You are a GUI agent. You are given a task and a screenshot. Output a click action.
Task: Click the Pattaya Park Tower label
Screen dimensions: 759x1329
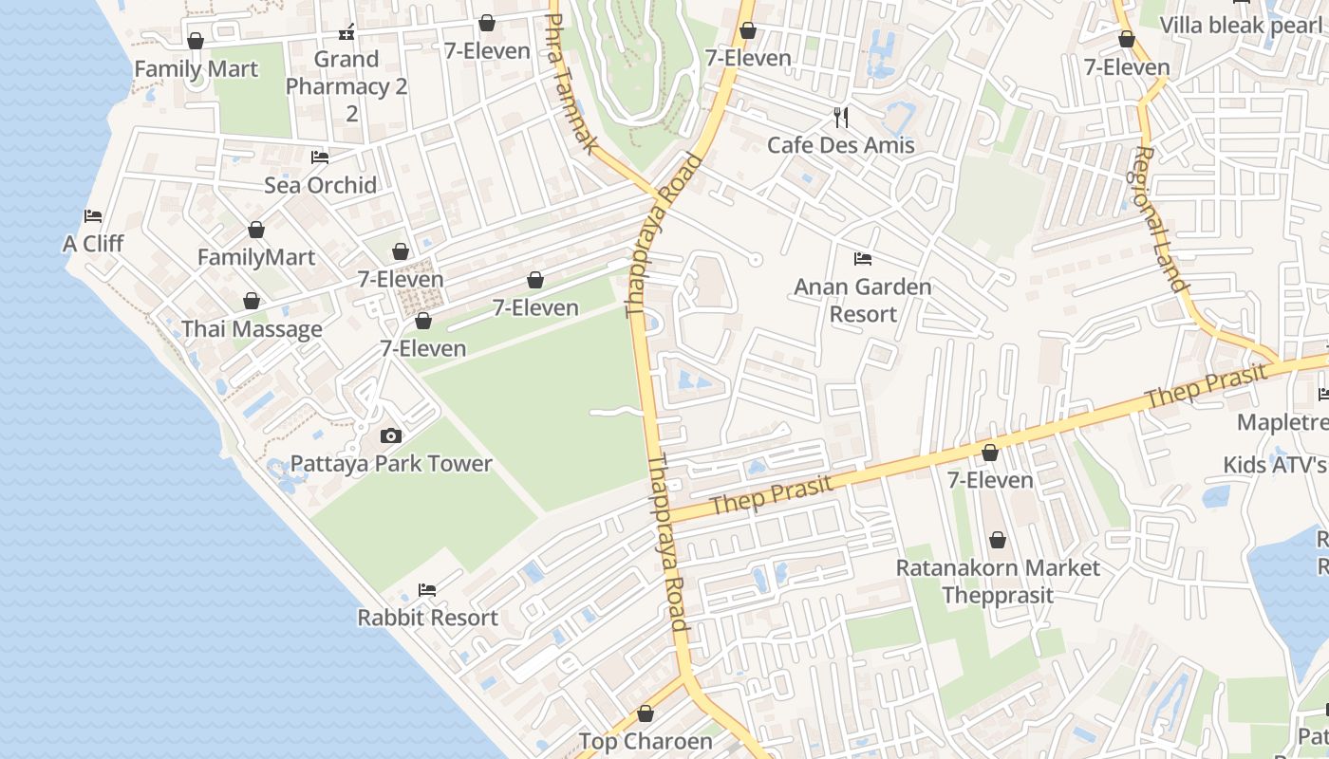tap(391, 464)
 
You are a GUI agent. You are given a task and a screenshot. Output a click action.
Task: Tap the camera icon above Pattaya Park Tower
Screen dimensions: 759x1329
tap(390, 436)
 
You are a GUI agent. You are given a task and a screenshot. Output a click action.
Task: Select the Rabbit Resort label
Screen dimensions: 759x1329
tap(427, 618)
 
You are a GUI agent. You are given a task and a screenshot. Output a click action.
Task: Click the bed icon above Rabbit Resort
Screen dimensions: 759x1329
tap(427, 590)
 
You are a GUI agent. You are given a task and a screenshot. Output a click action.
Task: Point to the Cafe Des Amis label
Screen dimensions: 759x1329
tap(840, 145)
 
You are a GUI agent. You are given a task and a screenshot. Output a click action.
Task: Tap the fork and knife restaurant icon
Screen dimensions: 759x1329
tap(840, 118)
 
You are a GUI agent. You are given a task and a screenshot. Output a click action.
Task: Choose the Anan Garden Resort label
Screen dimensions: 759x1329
tap(862, 300)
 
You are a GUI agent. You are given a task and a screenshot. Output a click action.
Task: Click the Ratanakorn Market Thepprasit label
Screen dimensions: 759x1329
tap(998, 582)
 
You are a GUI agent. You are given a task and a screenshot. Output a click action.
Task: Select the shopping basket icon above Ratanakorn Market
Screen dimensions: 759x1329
tap(998, 541)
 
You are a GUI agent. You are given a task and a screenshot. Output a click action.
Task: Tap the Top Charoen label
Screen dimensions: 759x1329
tap(646, 741)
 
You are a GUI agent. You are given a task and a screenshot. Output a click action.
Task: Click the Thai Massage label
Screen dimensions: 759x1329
tap(252, 329)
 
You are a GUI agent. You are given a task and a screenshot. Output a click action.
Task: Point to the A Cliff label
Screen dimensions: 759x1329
tap(93, 244)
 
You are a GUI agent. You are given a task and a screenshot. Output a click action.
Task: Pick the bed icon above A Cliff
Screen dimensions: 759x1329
tap(93, 216)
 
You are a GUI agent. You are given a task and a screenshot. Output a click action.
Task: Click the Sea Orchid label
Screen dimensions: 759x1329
tap(320, 185)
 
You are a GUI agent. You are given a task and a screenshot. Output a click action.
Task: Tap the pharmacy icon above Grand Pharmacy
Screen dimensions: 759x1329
tap(346, 33)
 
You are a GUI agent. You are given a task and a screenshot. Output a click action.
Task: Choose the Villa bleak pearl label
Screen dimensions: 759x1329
tap(1240, 25)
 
